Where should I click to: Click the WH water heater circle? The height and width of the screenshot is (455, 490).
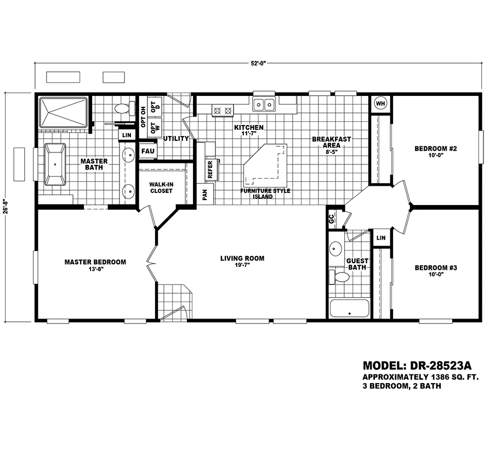pos(380,103)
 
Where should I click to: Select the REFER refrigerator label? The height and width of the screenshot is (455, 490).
pos(210,169)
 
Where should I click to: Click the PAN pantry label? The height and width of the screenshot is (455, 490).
pos(204,195)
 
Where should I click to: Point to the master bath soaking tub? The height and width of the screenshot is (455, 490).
pos(55,164)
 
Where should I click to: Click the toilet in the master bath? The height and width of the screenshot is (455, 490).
pos(124,109)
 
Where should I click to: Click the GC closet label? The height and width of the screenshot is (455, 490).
pos(331,219)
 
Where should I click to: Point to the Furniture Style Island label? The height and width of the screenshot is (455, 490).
pos(265,194)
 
